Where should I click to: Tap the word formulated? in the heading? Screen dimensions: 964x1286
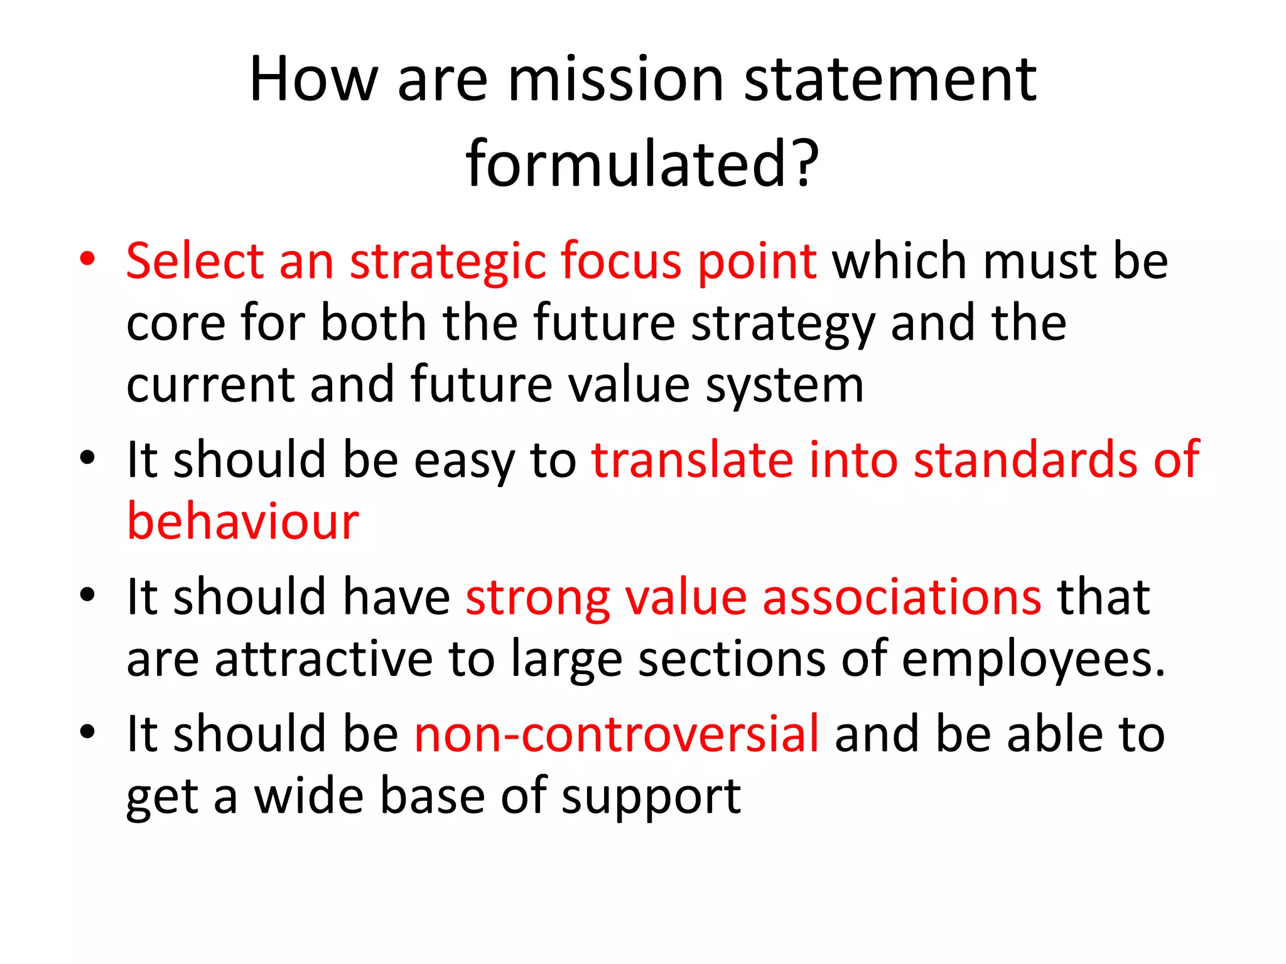click(642, 164)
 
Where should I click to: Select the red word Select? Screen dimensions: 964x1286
click(195, 261)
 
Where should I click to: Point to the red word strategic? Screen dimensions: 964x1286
click(447, 262)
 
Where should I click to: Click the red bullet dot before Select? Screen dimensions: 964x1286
click(87, 259)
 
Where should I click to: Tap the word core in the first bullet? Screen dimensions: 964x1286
click(176, 324)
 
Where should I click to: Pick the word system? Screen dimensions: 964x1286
click(785, 387)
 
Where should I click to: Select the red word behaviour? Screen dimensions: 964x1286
click(243, 522)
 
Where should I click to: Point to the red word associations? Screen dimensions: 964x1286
click(902, 597)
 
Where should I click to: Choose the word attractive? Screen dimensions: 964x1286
click(323, 660)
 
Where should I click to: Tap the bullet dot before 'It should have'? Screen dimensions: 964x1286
click(87, 594)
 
